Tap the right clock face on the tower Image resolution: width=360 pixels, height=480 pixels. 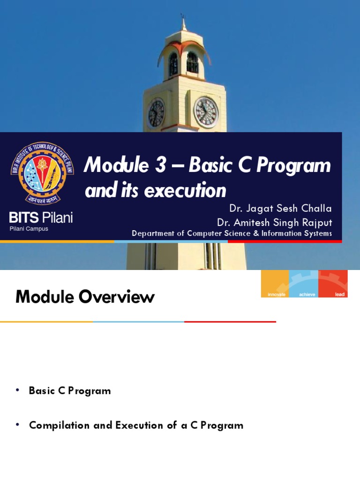[x=206, y=112]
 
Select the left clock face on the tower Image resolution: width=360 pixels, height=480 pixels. [x=156, y=114]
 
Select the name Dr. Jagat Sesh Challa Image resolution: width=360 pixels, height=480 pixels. [x=280, y=209]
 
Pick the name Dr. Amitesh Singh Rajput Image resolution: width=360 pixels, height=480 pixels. [x=274, y=222]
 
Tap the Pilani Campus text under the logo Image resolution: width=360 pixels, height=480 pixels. [x=29, y=229]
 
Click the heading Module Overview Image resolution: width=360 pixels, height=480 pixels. [x=85, y=297]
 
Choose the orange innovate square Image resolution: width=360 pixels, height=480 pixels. [x=275, y=284]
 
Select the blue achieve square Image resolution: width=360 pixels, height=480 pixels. [x=304, y=284]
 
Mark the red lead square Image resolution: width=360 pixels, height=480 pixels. [x=333, y=284]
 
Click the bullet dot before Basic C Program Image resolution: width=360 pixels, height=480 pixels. [x=17, y=390]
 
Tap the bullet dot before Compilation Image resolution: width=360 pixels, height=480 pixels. [x=17, y=425]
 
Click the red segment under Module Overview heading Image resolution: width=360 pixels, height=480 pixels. [x=230, y=322]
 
